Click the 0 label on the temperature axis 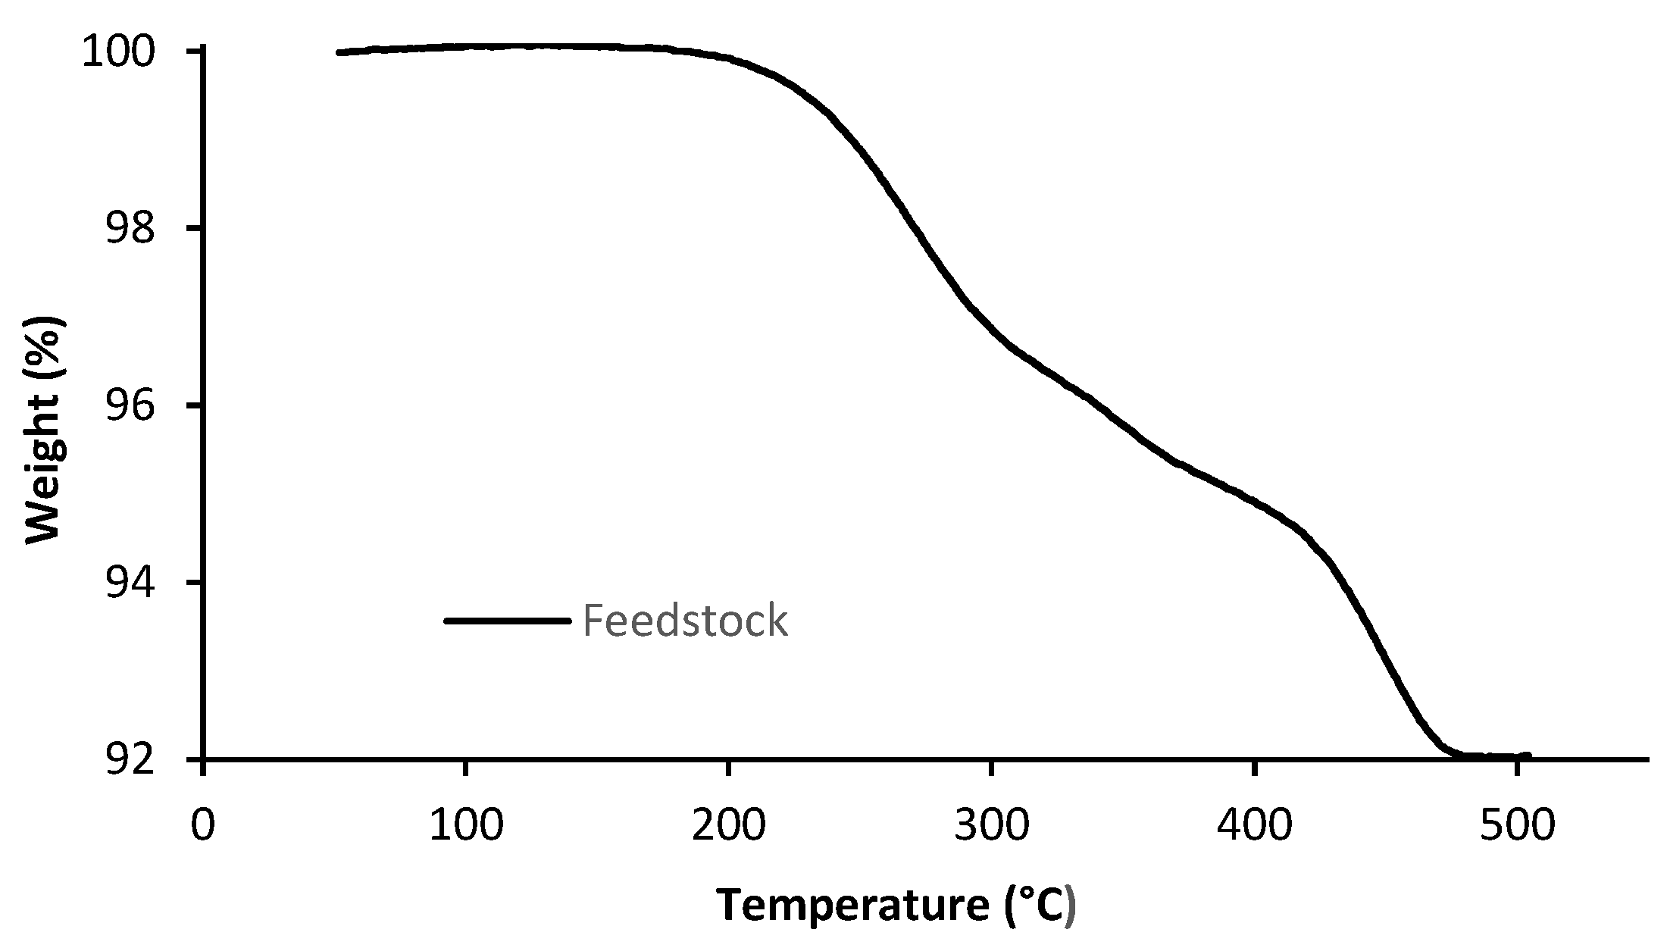pyautogui.click(x=202, y=824)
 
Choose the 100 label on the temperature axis pyautogui.click(x=465, y=824)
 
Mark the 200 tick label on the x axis pyautogui.click(x=728, y=824)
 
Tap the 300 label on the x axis pyautogui.click(x=991, y=824)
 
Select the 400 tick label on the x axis pyautogui.click(x=1254, y=824)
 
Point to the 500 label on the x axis pyautogui.click(x=1517, y=824)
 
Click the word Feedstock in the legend pyautogui.click(x=685, y=621)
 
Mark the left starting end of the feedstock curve pyautogui.click(x=339, y=52)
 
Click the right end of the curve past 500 pyautogui.click(x=1528, y=756)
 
